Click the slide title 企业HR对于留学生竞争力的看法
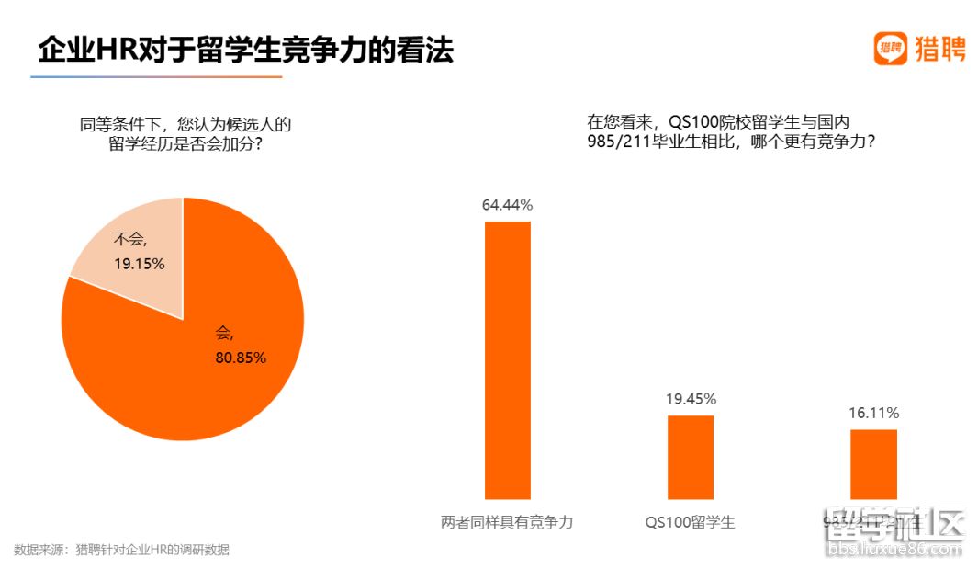[x=245, y=50]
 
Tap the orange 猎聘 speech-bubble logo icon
[x=889, y=49]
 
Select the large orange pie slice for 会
[x=202, y=368]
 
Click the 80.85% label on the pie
[x=241, y=358]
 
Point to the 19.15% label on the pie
[x=140, y=264]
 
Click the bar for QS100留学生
[x=690, y=457]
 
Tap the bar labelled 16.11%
[x=872, y=464]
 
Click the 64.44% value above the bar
[x=507, y=205]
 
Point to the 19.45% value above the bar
[x=690, y=399]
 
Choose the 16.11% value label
[x=873, y=413]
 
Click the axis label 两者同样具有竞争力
[x=507, y=522]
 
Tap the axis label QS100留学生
[x=690, y=522]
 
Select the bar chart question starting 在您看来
[x=731, y=132]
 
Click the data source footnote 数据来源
[x=121, y=550]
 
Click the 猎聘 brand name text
[x=939, y=49]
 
